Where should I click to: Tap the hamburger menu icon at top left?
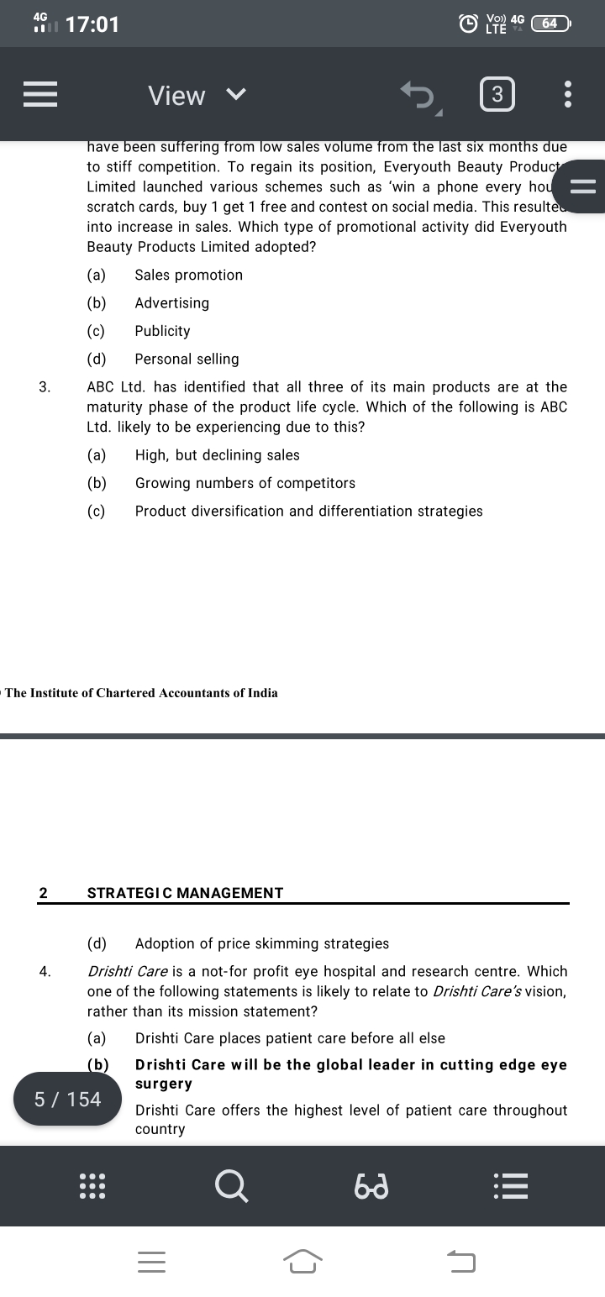(x=40, y=95)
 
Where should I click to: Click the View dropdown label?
(x=176, y=96)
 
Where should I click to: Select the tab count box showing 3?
(x=497, y=95)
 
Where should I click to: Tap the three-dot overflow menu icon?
(x=568, y=95)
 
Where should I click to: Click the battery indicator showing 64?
(x=550, y=24)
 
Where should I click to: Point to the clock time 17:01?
(x=92, y=24)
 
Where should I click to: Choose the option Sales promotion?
(x=188, y=275)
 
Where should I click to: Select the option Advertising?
(x=171, y=302)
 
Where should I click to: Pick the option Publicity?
(x=162, y=331)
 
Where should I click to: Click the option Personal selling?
(x=187, y=359)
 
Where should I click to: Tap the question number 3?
(x=45, y=387)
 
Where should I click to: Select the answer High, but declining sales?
(x=217, y=455)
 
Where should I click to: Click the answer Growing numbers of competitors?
(x=245, y=483)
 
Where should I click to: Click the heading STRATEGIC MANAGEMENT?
(x=185, y=893)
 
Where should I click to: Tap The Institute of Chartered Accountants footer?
(x=141, y=693)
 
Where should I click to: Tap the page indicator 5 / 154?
(x=67, y=1099)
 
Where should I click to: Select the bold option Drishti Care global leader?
(x=350, y=1065)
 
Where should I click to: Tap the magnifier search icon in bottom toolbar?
(x=231, y=1185)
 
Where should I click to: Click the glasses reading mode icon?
(x=371, y=1186)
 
